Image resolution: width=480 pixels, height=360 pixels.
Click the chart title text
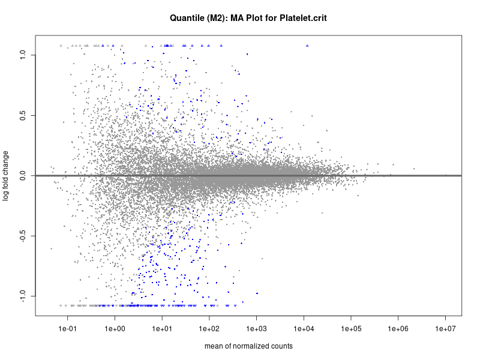[248, 19]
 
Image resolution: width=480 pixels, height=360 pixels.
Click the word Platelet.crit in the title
[302, 19]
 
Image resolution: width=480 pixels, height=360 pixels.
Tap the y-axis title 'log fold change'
[7, 175]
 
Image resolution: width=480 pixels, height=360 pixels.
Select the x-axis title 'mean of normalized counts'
[248, 346]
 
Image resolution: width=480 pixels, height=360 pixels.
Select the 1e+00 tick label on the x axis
[115, 328]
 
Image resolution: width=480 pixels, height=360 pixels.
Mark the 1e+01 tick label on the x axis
[162, 328]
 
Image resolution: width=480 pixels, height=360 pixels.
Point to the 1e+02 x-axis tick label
[209, 328]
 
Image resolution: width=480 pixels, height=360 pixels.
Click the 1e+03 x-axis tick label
[256, 328]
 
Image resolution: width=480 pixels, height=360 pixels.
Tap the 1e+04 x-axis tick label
[304, 328]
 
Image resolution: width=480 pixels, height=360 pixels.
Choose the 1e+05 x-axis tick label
[351, 328]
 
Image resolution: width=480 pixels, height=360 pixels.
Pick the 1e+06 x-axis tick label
[398, 328]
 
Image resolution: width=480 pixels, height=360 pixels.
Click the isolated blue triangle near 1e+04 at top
[307, 46]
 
